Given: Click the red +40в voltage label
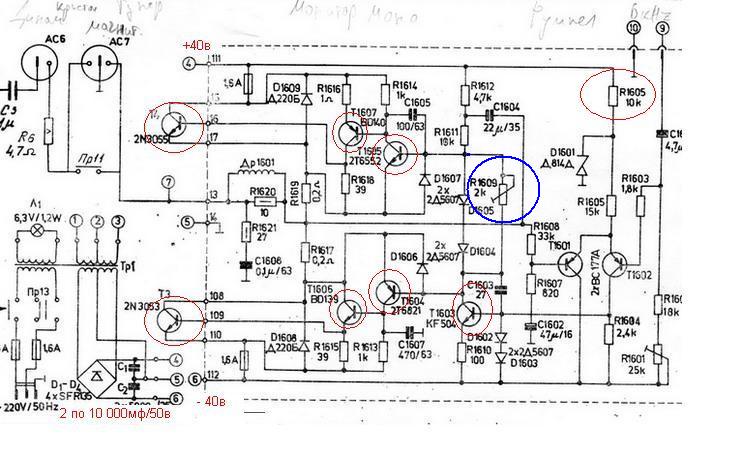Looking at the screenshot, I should (x=196, y=45).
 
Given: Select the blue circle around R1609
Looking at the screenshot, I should (x=504, y=188).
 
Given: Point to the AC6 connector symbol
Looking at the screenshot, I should (x=41, y=71).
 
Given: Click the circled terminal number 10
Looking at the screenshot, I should (x=632, y=30).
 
